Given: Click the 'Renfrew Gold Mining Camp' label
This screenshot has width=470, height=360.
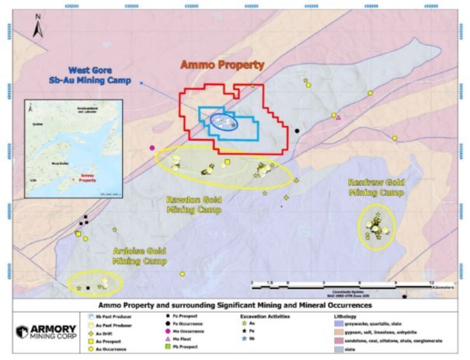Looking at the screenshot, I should click(376, 185).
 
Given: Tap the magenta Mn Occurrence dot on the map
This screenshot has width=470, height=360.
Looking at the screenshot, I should click(152, 148).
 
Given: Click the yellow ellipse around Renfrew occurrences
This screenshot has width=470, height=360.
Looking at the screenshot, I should click(377, 226).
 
